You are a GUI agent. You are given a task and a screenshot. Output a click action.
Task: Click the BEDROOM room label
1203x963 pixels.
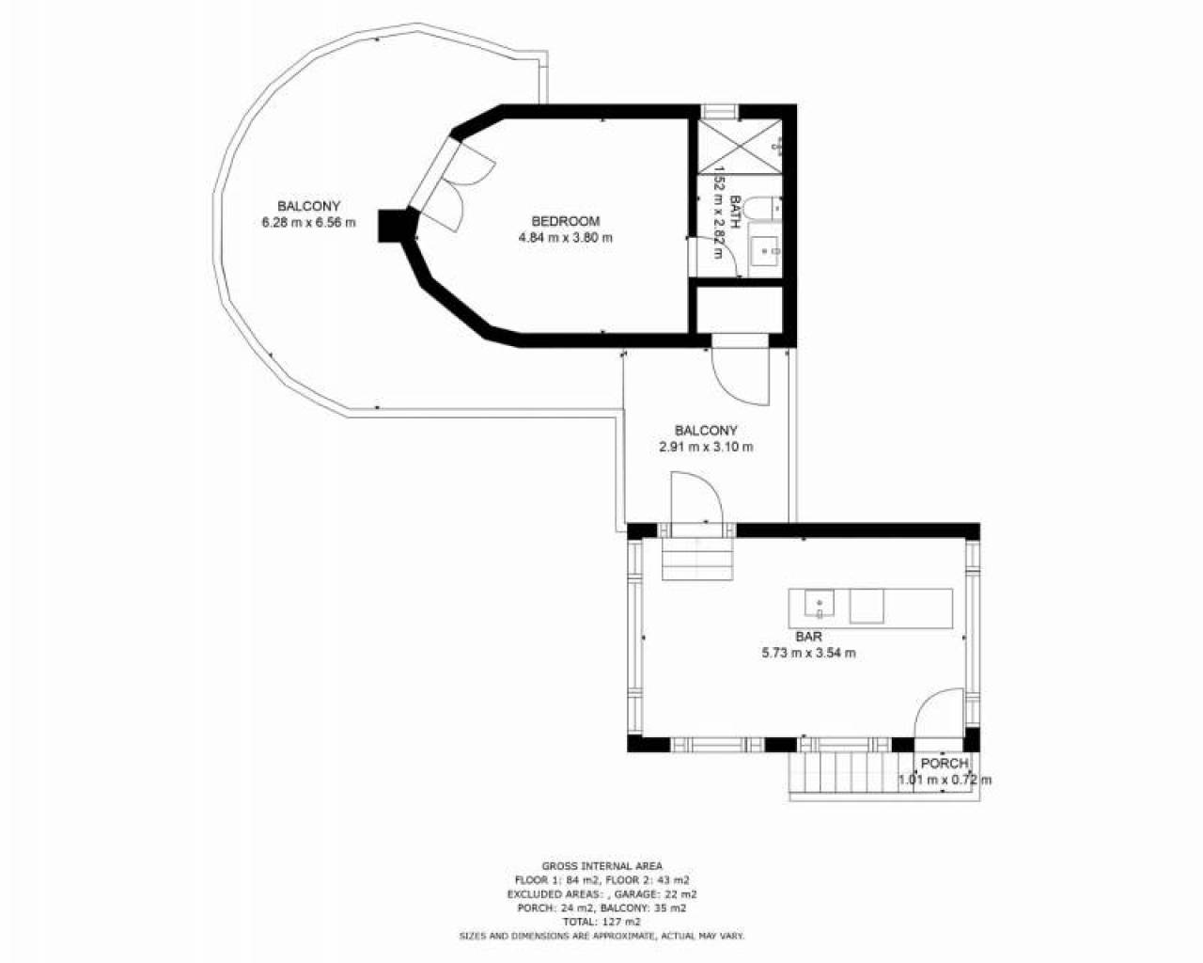coord(565,221)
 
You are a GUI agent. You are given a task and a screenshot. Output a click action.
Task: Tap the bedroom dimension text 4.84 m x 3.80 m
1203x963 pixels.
coord(565,237)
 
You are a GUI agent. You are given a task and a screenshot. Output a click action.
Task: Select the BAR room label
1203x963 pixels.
coord(808,637)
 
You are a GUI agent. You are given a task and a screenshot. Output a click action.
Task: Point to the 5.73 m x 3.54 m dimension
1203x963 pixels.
coord(808,653)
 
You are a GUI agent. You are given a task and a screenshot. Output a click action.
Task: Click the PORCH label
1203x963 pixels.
coord(945,764)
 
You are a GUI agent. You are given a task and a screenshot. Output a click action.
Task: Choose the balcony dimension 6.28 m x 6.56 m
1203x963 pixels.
coord(308,223)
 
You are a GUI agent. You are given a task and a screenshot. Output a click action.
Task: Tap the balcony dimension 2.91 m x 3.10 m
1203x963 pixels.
coord(706,447)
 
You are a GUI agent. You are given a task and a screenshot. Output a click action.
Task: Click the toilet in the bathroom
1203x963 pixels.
coord(762,207)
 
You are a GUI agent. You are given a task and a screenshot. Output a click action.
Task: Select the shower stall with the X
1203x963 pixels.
coord(740,146)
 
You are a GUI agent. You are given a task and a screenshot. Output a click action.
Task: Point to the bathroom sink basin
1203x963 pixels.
coord(763,251)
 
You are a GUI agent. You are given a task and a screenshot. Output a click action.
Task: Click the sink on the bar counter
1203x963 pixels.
coord(819,603)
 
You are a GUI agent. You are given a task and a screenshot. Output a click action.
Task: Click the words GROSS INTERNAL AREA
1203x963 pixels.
coord(601,866)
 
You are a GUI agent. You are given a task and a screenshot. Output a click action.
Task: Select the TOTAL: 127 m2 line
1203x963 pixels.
coord(601,922)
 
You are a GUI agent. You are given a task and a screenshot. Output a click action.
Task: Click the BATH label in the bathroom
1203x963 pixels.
coord(735,213)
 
